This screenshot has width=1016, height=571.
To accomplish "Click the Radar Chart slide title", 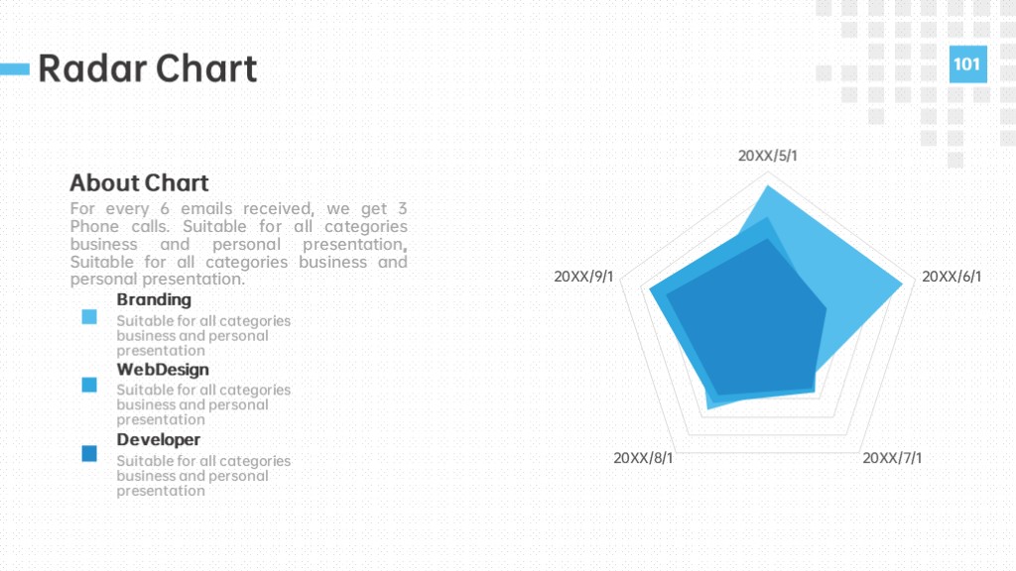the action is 148,68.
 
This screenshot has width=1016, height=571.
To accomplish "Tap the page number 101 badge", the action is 968,64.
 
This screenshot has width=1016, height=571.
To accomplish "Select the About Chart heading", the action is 139,183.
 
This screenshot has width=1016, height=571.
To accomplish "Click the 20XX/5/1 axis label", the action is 768,156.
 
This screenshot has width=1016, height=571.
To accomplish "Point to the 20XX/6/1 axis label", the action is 952,277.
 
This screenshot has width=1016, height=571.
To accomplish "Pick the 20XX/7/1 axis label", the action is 892,458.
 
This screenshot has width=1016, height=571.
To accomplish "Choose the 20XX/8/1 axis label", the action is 643,458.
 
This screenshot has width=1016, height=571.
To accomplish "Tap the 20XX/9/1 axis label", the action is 583,277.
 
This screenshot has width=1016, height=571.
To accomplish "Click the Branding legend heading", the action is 154,299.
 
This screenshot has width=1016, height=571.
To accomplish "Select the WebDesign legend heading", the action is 163,370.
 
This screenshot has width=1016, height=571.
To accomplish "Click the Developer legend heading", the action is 159,439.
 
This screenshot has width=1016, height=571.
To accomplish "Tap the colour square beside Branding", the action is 89,316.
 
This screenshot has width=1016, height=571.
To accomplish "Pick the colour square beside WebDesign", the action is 89,385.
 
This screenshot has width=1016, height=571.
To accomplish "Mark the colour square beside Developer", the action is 89,453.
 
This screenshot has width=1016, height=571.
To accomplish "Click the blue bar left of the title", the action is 15,68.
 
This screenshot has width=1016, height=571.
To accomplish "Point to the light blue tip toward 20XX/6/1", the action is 902,284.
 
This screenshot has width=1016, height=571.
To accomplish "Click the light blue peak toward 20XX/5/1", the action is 768,186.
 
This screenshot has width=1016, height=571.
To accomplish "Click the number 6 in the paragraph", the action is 165,208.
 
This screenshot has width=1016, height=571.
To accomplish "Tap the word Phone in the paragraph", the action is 90,227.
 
